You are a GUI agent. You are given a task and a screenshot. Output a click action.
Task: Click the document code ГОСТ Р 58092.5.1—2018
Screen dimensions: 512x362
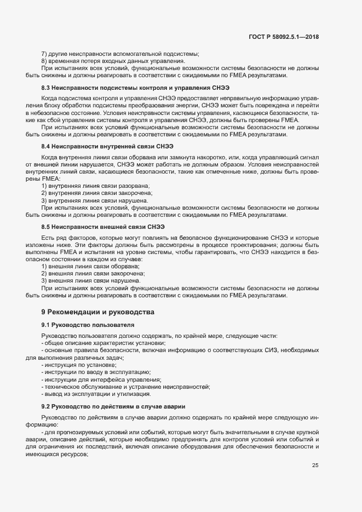click(x=284, y=37)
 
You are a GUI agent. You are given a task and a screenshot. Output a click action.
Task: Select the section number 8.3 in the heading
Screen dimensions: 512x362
click(x=47, y=88)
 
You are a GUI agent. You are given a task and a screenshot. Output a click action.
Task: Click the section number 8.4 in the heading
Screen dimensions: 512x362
click(x=47, y=147)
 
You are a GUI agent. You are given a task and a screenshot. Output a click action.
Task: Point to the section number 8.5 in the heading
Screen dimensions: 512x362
click(x=47, y=227)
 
